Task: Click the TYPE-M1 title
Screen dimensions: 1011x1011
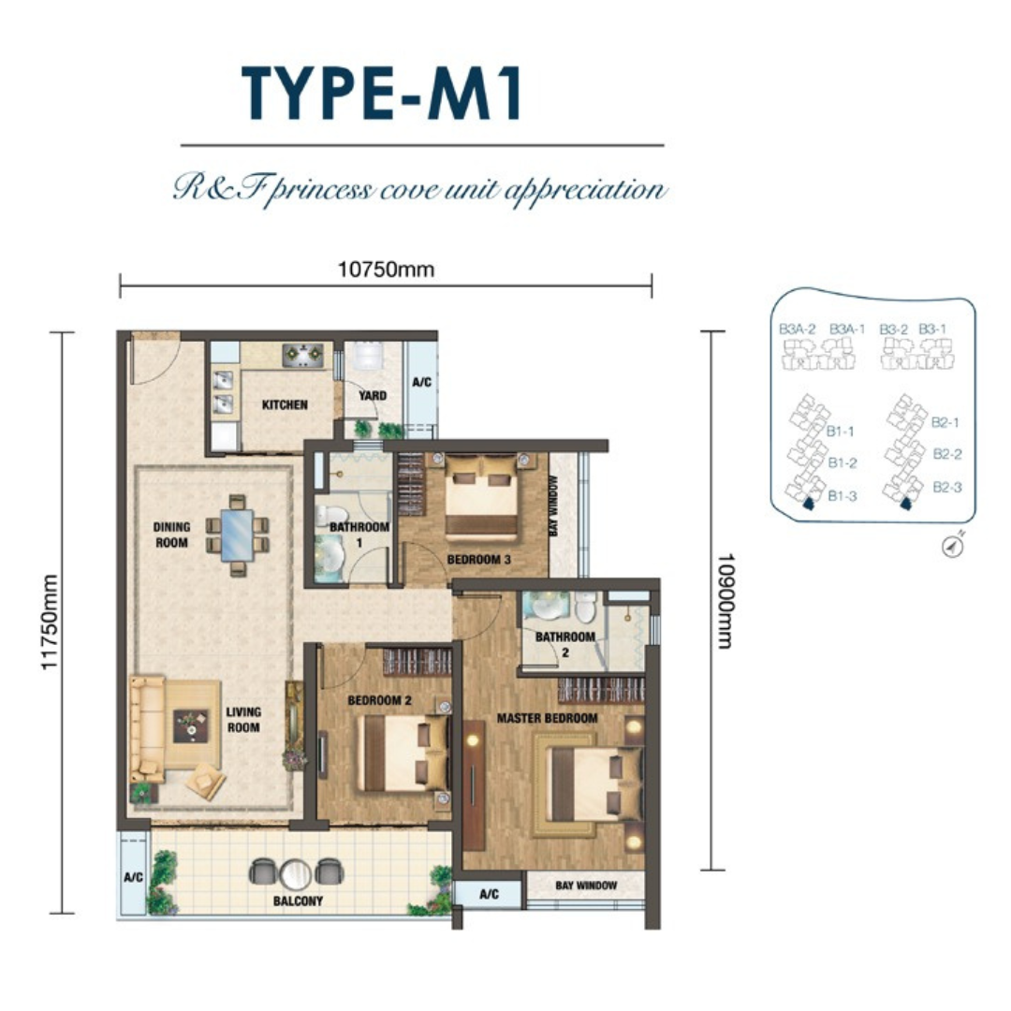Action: tap(382, 94)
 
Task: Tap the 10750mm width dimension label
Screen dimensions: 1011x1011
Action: tap(387, 269)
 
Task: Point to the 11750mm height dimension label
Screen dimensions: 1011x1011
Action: tap(50, 623)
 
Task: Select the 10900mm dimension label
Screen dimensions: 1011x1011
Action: tap(725, 600)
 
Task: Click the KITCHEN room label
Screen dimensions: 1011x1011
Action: tap(285, 405)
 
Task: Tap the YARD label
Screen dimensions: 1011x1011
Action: tap(373, 395)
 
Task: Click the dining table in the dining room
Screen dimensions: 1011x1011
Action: tap(237, 535)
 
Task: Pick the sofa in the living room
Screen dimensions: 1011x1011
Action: tap(148, 728)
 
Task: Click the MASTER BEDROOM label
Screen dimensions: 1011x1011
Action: tap(547, 718)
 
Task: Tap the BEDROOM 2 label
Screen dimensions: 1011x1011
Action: tap(379, 700)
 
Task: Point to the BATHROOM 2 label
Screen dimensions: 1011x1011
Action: tap(564, 644)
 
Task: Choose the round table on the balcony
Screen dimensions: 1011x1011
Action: tap(296, 874)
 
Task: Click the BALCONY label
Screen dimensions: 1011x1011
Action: tap(298, 901)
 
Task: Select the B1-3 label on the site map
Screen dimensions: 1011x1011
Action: tap(842, 496)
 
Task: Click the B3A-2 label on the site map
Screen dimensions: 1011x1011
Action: tap(797, 329)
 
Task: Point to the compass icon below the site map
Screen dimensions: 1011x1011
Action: tap(953, 547)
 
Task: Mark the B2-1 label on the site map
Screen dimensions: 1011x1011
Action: tap(945, 423)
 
